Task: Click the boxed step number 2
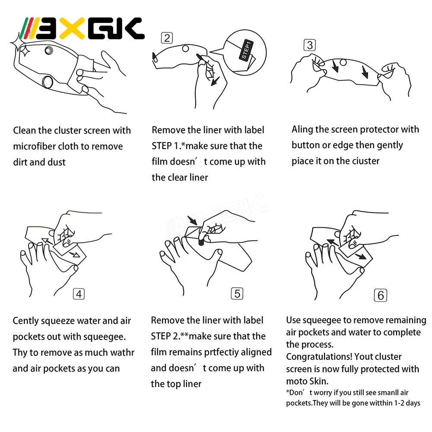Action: coord(167,38)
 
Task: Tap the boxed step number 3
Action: coord(310,45)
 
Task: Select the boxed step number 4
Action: coord(79,294)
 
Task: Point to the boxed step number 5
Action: coord(237,293)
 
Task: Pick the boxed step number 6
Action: coord(381,295)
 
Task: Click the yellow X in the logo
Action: coord(72,29)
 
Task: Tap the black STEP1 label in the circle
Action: coord(246,50)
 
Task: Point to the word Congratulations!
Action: coord(319,357)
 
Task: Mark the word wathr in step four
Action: coord(123,353)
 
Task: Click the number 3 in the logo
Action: coord(48,29)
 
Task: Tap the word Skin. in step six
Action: coord(319,381)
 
